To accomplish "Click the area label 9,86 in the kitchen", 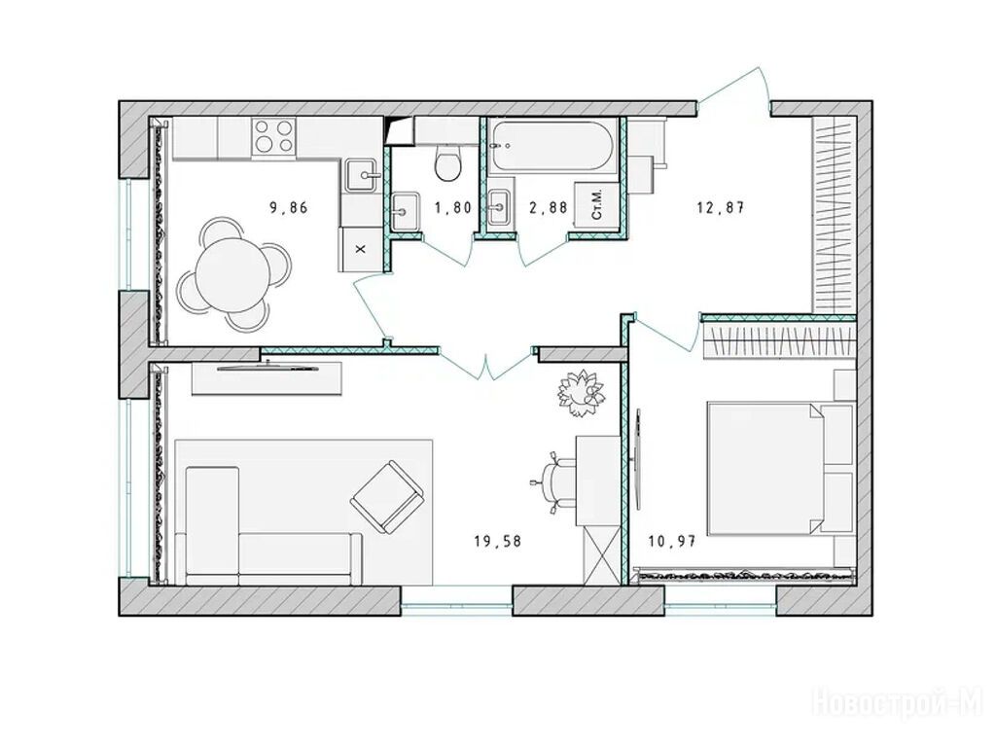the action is [x=288, y=207].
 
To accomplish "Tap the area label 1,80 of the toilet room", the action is [x=452, y=207].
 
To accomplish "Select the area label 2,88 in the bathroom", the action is [x=549, y=207].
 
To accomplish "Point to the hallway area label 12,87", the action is [x=720, y=207].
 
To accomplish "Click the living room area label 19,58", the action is [x=497, y=541].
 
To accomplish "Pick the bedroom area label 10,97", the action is [x=672, y=541].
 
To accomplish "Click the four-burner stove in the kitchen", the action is [x=273, y=136].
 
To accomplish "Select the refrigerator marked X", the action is [x=361, y=250].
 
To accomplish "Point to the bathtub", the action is [x=552, y=145].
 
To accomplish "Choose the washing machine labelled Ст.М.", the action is [x=595, y=204].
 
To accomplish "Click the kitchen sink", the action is [x=364, y=175].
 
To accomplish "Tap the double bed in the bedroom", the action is [x=780, y=467].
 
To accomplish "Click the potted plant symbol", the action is [x=581, y=394].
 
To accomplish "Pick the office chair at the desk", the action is [x=552, y=480].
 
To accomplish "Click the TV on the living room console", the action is [x=267, y=366].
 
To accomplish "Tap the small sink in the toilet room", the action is [x=404, y=210].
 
